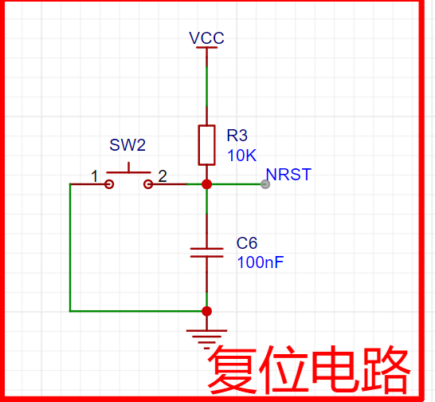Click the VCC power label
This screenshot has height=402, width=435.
point(206,37)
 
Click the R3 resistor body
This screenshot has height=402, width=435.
point(206,144)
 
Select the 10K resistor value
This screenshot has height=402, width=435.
point(241,155)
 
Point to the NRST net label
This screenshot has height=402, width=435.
point(288,175)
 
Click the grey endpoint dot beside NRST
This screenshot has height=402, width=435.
point(265,184)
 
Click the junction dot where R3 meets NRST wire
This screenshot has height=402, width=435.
point(206,184)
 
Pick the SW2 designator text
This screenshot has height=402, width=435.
point(127,145)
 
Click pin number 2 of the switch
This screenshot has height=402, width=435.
point(162,176)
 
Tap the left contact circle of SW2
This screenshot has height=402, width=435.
point(109,184)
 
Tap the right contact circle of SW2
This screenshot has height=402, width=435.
point(147,184)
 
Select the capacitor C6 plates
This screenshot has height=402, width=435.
point(206,252)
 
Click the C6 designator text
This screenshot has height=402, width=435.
point(247,242)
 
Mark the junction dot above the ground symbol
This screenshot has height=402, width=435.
point(206,311)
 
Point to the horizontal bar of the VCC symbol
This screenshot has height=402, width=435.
point(206,48)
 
